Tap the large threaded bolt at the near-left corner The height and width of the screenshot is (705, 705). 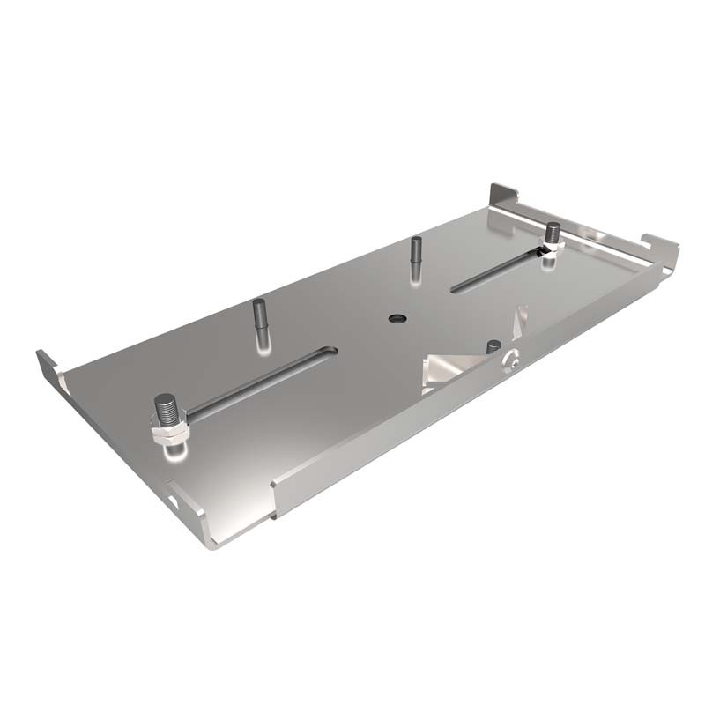click(x=167, y=414)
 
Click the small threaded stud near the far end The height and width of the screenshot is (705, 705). click(x=553, y=234)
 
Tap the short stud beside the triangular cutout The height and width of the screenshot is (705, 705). click(x=493, y=346)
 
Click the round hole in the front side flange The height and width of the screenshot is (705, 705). click(x=508, y=361)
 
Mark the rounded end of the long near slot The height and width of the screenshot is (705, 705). click(x=329, y=352)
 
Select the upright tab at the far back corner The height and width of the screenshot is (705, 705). click(x=503, y=195)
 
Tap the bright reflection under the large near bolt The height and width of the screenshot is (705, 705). click(x=174, y=452)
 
